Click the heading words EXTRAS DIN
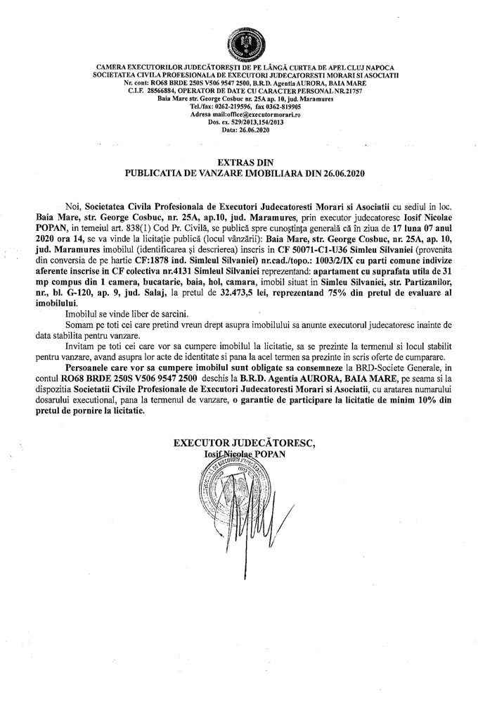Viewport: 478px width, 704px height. pos(238,161)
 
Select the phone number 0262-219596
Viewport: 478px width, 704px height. pos(206,106)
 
